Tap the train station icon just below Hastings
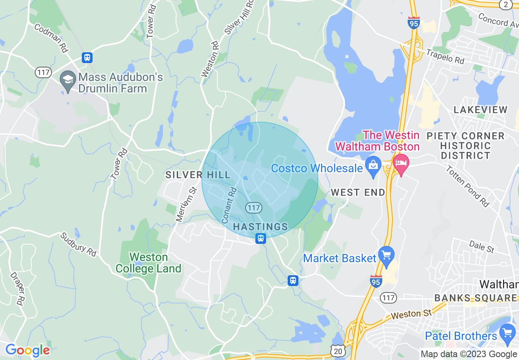261,239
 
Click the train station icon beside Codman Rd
87,58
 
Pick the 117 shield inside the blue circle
254,208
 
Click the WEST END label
358,192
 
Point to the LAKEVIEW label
480,110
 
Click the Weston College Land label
148,263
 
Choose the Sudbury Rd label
78,245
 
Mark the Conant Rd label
229,205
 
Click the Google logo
27,351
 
